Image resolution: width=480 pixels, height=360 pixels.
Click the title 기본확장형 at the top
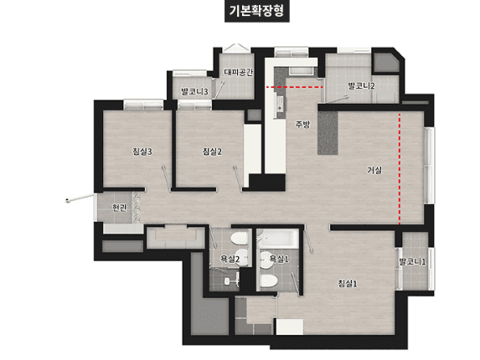[240, 12]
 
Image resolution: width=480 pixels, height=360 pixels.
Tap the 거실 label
[374, 170]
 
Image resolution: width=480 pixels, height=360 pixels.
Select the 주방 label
[302, 124]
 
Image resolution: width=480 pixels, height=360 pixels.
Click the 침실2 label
[212, 152]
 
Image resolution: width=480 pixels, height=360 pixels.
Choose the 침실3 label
[142, 152]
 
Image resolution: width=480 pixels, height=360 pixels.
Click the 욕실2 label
[230, 260]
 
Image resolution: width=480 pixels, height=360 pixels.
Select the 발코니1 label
[412, 261]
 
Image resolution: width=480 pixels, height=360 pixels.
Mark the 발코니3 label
[194, 91]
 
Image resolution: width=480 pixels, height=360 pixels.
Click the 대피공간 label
[238, 72]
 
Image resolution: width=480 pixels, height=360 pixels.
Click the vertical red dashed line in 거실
[400, 167]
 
